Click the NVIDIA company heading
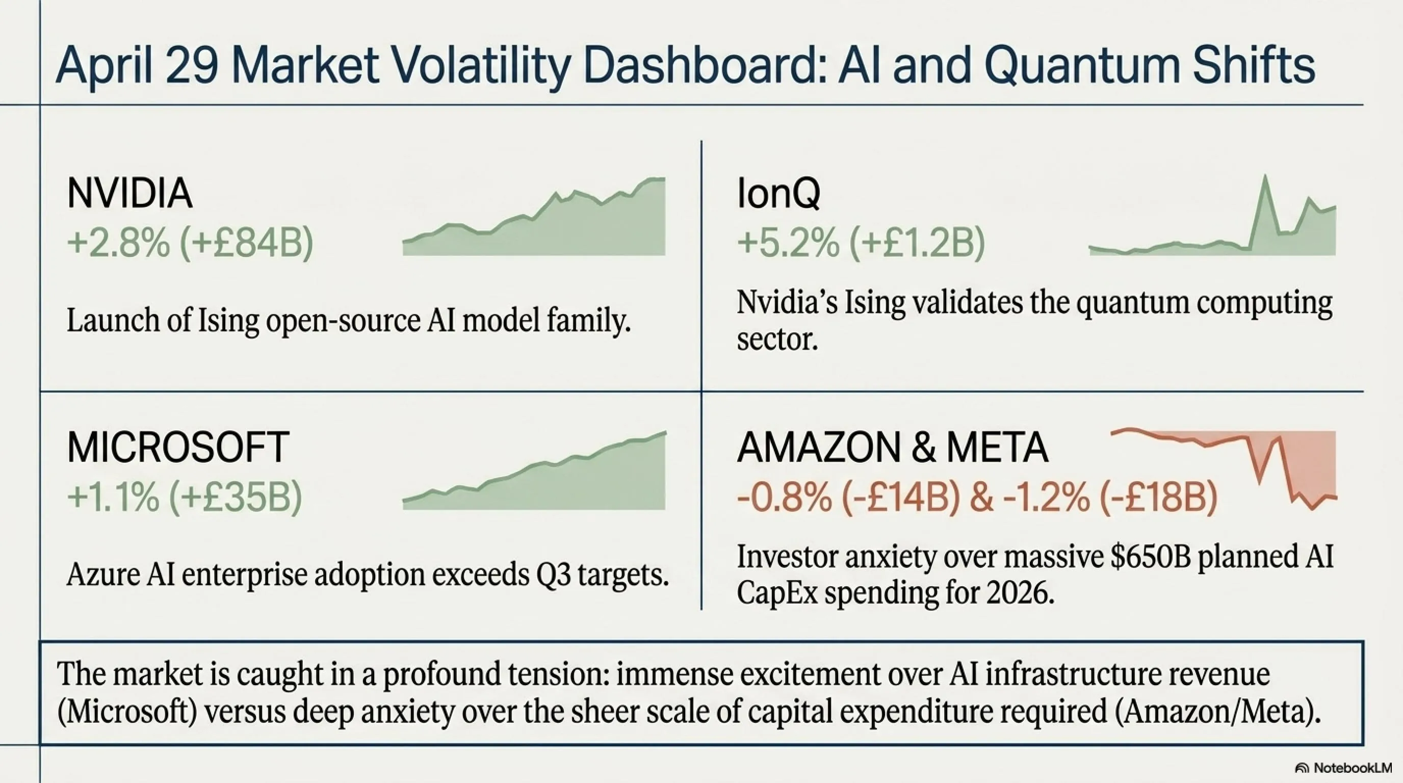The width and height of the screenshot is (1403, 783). pyautogui.click(x=129, y=193)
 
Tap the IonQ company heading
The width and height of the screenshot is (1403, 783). pyautogui.click(x=778, y=193)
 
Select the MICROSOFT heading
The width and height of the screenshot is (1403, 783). pyautogui.click(x=177, y=448)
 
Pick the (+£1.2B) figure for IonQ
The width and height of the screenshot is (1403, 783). pyautogui.click(x=917, y=242)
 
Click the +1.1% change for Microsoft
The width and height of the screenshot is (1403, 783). pyautogui.click(x=113, y=497)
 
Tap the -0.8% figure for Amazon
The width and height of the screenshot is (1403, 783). pyautogui.click(x=784, y=497)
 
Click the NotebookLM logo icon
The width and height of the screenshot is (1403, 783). pyautogui.click(x=1302, y=768)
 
